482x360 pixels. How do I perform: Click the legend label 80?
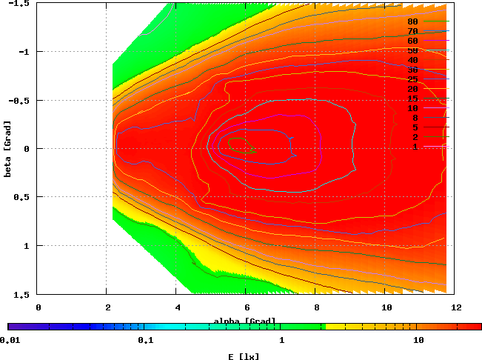pos(413,21)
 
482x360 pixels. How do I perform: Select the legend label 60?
pos(413,41)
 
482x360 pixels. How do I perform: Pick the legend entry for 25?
pos(413,79)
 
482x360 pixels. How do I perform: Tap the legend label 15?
pos(413,99)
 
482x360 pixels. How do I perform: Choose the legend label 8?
pos(415,118)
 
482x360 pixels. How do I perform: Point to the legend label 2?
pos(415,137)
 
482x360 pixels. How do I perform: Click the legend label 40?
pos(413,60)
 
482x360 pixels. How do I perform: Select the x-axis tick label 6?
pos(246,307)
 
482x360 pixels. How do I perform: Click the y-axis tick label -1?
pos(25,52)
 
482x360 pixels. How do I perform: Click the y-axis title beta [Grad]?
pos(7,148)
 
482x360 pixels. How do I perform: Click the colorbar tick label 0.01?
pos(9,341)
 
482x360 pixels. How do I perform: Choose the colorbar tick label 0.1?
pos(145,341)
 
